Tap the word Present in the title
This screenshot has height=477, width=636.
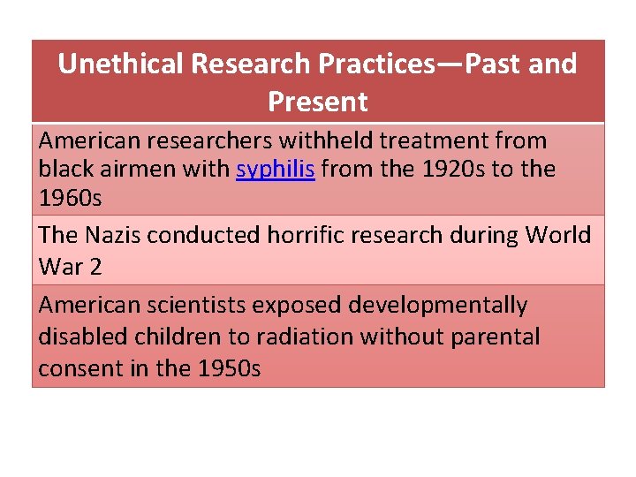pos(317,102)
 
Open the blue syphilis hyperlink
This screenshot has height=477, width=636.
pos(276,169)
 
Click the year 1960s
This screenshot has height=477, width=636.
pos(70,198)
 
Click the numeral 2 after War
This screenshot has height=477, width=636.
pos(95,266)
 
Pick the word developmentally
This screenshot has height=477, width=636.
pos(438,305)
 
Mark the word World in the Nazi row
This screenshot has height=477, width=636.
pos(558,235)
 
